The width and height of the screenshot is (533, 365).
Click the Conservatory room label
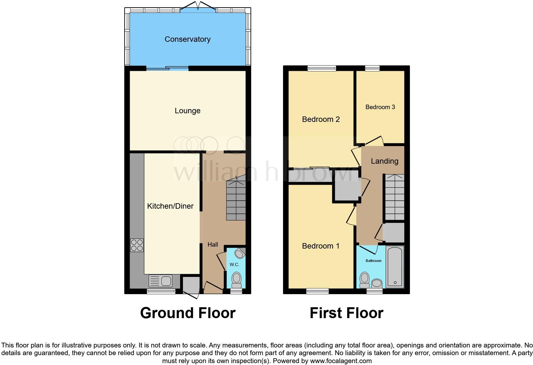tap(187, 39)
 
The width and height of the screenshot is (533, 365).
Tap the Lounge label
tap(187, 111)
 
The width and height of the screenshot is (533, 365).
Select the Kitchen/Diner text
tap(170, 206)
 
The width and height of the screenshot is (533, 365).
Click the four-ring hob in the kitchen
tap(137, 245)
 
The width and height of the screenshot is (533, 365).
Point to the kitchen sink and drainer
tap(161, 281)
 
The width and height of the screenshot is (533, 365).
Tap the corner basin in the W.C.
tap(240, 253)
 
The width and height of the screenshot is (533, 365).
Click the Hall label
tap(213, 245)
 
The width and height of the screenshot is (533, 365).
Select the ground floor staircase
tap(236, 200)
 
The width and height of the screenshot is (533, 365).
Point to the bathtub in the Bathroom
tap(395, 267)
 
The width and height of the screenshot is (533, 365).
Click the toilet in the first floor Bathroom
tap(364, 280)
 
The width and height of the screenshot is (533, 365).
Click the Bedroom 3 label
tap(380, 107)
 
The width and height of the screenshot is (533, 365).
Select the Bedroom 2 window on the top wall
tap(322, 68)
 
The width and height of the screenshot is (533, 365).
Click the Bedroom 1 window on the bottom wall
tap(318, 291)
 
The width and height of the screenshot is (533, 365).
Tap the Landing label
tap(384, 161)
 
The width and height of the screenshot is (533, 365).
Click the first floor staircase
tap(395, 197)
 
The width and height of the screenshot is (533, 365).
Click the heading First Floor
tap(346, 313)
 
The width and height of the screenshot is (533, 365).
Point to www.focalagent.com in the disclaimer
tap(341, 361)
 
